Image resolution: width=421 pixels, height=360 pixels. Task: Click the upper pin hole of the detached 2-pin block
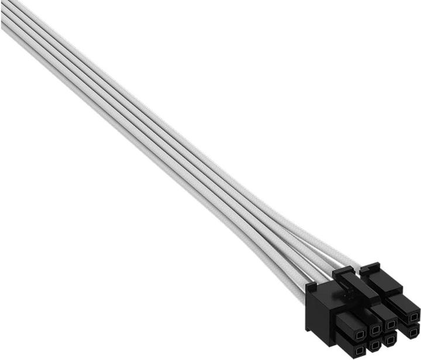pos(414,317)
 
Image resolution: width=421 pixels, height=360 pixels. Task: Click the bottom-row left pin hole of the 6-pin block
pos(359,350)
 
